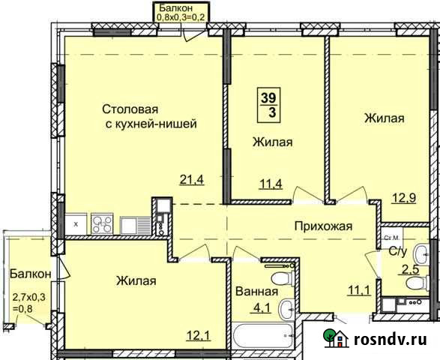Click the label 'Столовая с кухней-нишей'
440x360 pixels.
149,117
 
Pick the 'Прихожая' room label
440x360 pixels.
322,226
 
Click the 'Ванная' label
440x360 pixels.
256,292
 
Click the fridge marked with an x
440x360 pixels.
76,223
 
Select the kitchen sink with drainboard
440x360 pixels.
133,224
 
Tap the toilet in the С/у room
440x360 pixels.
424,252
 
